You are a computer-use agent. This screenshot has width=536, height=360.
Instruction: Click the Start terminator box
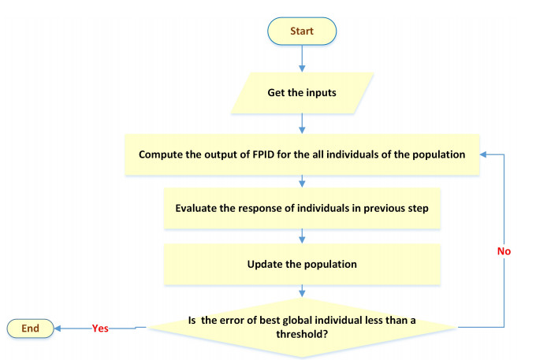303,32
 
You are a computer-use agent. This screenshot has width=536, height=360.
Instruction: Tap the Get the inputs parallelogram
303,93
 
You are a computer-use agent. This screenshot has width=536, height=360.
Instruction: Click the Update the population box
303,264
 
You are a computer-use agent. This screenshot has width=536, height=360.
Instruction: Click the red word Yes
100,328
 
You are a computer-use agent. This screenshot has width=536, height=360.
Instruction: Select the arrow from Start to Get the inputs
303,59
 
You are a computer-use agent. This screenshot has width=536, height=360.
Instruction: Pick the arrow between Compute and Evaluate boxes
303,181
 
